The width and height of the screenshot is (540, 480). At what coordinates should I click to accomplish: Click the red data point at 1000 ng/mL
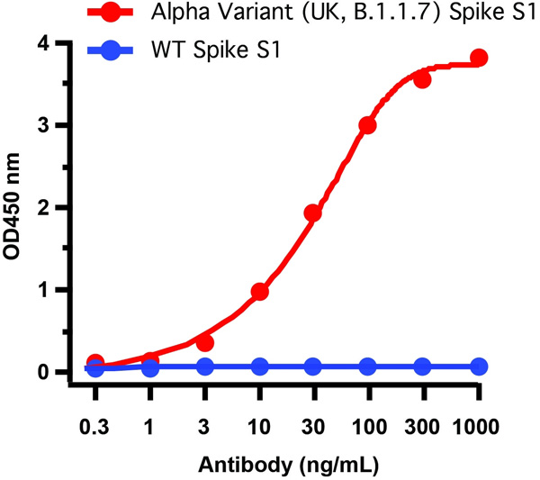(x=479, y=58)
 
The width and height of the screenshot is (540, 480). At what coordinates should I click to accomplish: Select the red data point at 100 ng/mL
(x=367, y=125)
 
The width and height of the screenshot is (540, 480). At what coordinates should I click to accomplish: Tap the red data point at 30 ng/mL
(x=313, y=213)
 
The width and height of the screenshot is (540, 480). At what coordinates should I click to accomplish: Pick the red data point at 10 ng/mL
(x=259, y=292)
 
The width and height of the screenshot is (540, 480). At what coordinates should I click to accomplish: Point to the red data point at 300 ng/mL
(x=422, y=80)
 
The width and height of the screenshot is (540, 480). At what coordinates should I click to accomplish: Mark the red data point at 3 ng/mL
(x=205, y=343)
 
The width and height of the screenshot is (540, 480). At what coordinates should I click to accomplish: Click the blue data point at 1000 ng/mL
(x=479, y=367)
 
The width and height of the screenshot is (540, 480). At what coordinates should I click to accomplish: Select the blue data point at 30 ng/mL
(x=313, y=367)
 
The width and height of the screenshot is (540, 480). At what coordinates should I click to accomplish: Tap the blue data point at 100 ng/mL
(x=367, y=367)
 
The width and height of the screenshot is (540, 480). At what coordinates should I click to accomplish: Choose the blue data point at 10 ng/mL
(x=259, y=367)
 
